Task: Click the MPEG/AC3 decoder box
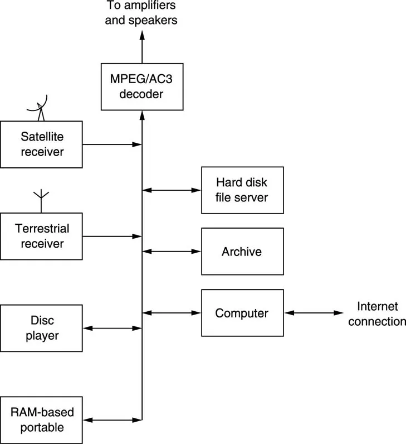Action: point(142,86)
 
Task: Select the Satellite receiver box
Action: point(41,144)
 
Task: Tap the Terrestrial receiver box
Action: point(41,236)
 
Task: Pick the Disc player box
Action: point(41,328)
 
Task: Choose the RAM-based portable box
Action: point(41,420)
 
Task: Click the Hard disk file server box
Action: point(242,190)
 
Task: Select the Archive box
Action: point(242,252)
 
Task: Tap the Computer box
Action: point(242,313)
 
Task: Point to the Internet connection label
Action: point(377,313)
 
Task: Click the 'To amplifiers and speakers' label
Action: point(141,13)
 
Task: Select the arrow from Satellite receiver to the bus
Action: point(111,144)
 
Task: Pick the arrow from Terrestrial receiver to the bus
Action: point(111,237)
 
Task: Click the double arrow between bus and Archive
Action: point(172,252)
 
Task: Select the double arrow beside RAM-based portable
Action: point(112,420)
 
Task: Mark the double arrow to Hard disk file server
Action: point(172,190)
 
